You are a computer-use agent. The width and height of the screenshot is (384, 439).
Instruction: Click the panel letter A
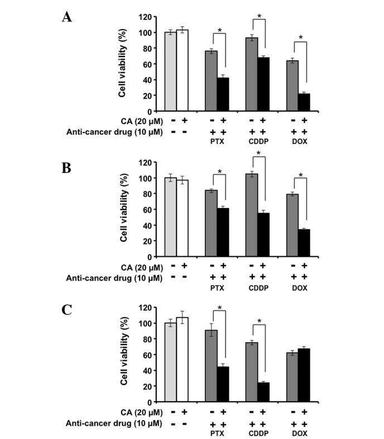point(67,17)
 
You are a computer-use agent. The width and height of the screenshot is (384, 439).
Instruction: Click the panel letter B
point(67,167)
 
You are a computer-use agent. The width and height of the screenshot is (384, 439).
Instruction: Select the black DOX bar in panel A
point(304,102)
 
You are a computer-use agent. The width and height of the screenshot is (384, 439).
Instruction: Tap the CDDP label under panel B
point(258,287)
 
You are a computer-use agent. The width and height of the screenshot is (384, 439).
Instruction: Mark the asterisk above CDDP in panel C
point(258,321)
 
